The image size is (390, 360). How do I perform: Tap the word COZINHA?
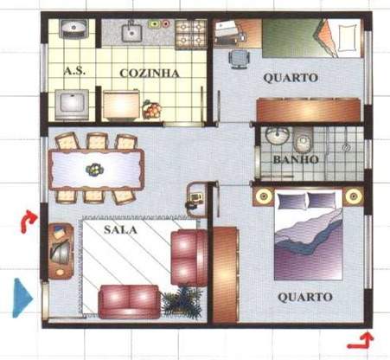click(x=150, y=74)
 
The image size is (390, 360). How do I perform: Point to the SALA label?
click(x=119, y=230)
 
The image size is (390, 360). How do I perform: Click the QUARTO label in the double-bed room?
click(x=304, y=297)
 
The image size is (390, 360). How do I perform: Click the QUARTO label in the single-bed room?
click(x=290, y=78)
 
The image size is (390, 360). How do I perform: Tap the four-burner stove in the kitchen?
click(x=189, y=34)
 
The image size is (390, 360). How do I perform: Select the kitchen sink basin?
click(x=131, y=33)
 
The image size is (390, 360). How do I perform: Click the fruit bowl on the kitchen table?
click(x=152, y=110)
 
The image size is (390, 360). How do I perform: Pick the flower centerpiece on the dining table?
click(x=94, y=169)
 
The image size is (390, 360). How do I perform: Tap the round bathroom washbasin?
click(x=277, y=137)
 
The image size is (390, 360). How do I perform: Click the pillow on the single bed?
click(x=348, y=36)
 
